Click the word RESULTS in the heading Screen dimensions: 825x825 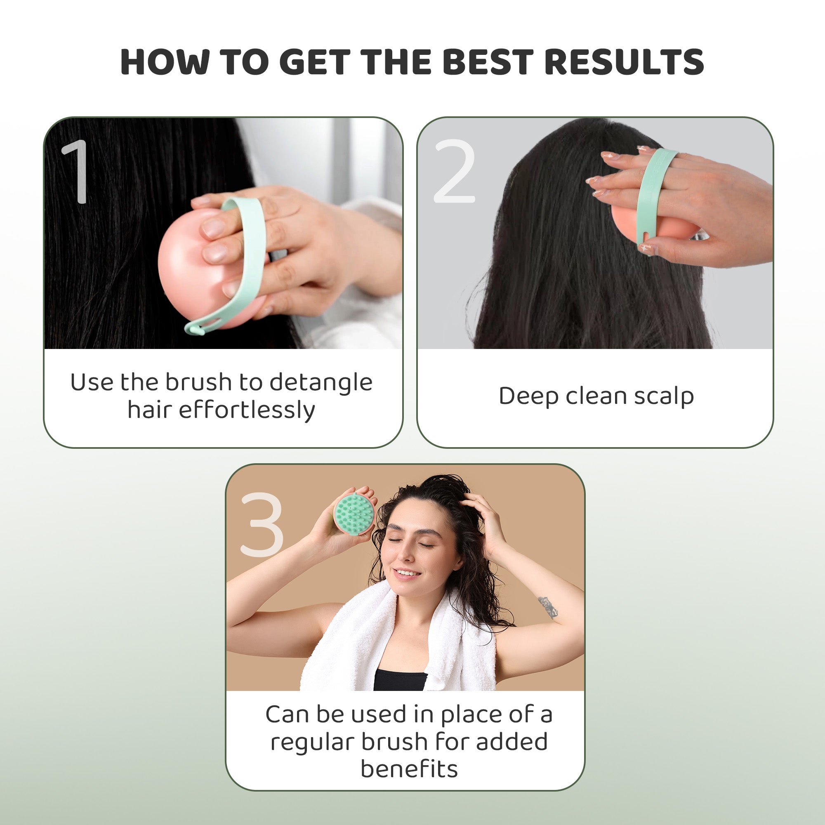click(624, 62)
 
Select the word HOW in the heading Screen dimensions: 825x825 click(165, 62)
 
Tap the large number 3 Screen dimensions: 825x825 click(262, 524)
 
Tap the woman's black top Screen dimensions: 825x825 click(400, 679)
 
